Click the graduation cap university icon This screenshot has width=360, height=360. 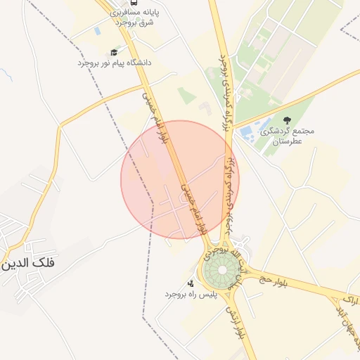click(x=114, y=52)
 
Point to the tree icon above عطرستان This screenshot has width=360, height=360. click(x=286, y=121)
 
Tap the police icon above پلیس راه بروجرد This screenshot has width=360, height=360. click(x=191, y=283)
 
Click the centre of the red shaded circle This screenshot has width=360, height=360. click(x=180, y=180)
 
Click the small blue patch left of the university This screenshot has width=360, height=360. click(x=97, y=32)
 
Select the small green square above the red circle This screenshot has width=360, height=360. click(x=185, y=95)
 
